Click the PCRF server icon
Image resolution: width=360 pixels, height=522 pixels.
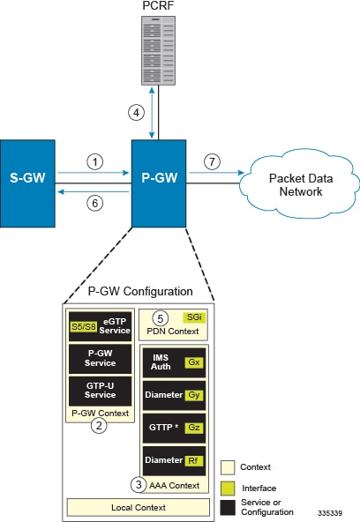point(158,50)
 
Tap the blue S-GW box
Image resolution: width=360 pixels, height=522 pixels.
point(27,183)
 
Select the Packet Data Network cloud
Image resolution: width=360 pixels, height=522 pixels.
point(300,183)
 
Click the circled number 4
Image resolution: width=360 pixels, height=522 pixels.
point(136,113)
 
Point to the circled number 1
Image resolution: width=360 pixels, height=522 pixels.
point(95,161)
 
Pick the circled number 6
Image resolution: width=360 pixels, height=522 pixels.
point(95,203)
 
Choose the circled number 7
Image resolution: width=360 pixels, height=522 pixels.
point(212,161)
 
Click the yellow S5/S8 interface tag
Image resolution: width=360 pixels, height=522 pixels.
point(84,326)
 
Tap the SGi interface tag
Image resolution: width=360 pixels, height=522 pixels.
point(194,317)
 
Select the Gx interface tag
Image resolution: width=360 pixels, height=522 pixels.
point(194,362)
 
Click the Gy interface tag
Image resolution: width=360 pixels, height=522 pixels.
point(194,395)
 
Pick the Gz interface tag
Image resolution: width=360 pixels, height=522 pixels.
point(194,428)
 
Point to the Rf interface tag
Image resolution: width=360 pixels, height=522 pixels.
point(194,461)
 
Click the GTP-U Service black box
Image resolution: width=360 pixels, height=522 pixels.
point(101,391)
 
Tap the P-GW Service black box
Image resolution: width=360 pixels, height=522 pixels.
point(101,359)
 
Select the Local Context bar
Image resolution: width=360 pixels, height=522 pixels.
point(139,507)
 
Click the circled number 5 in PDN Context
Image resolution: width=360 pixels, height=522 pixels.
point(161,318)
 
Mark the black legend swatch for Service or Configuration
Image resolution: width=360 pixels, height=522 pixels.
point(228,507)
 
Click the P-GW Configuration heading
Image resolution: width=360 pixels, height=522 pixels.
point(140,291)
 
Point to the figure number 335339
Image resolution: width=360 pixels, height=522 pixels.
point(330,513)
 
